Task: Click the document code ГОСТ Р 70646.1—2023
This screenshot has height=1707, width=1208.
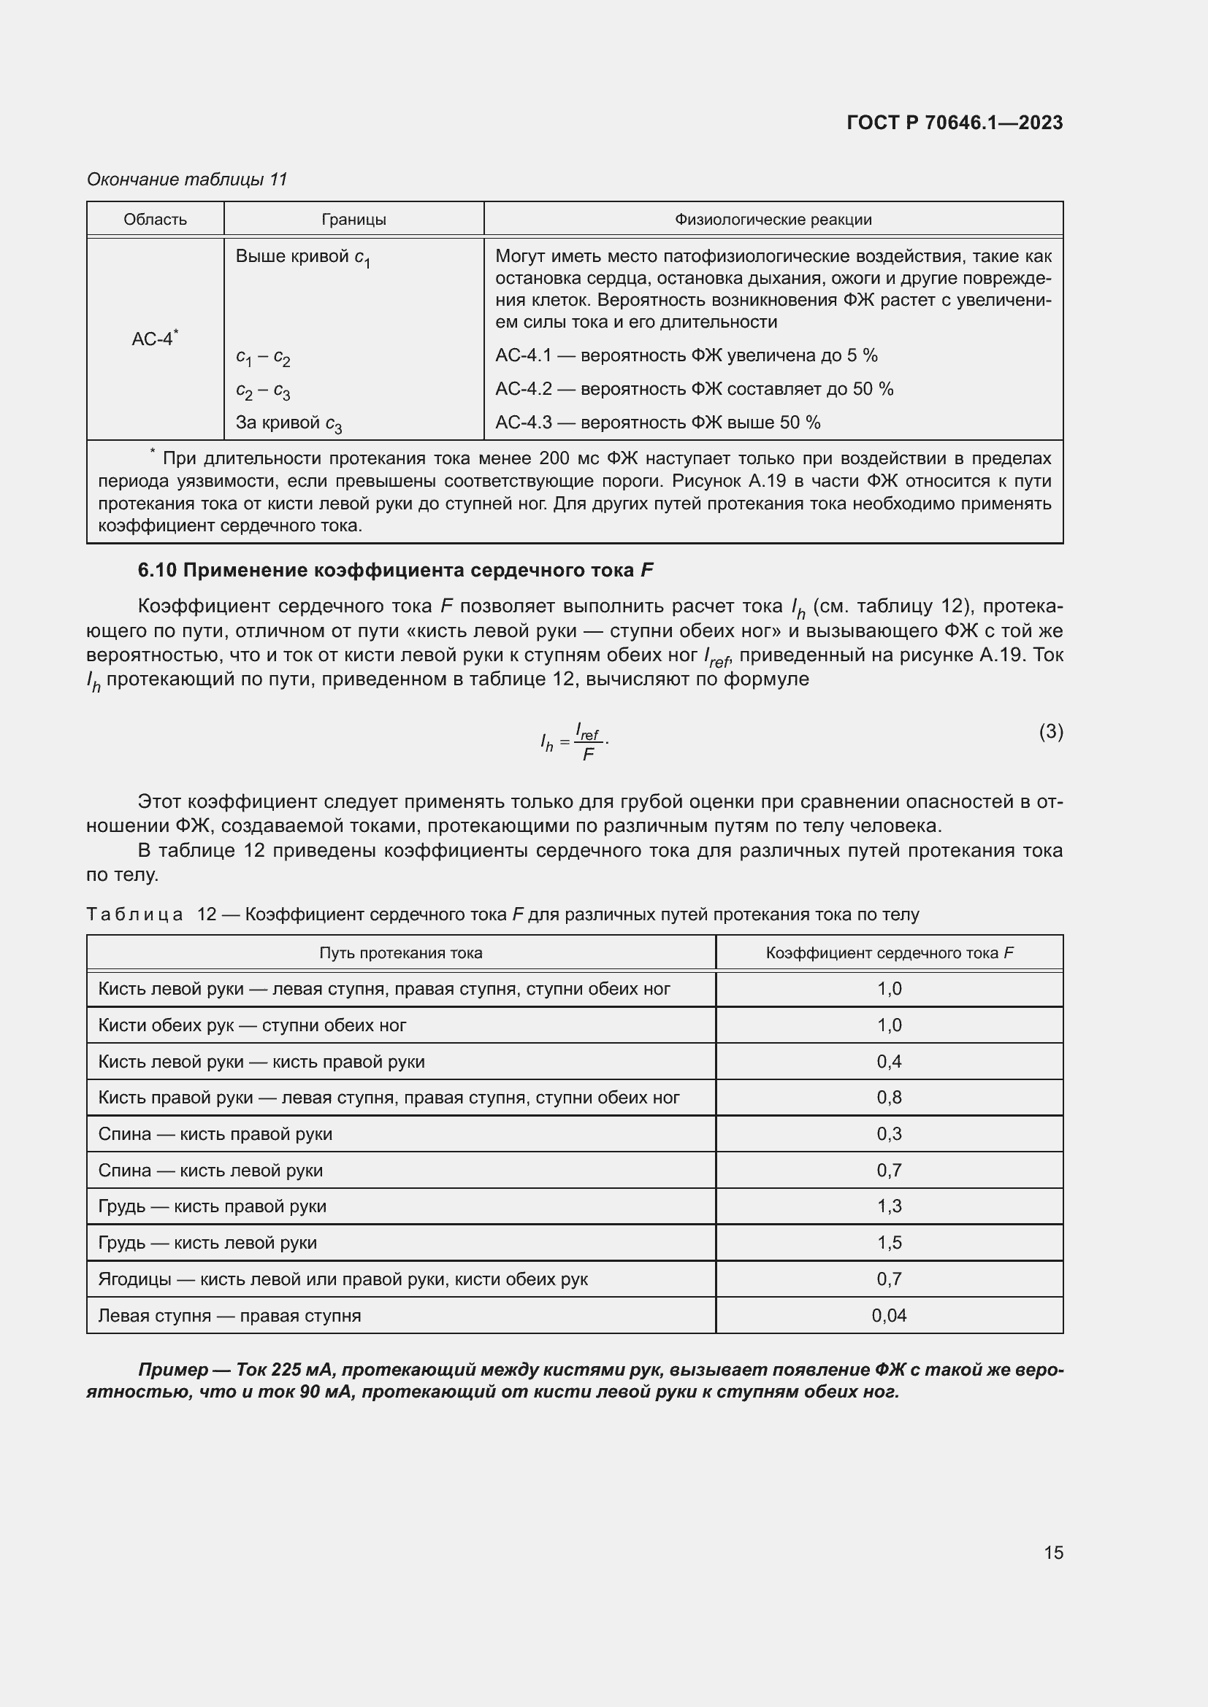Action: [x=955, y=123]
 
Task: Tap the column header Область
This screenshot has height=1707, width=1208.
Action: [x=155, y=220]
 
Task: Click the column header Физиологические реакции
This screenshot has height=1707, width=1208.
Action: [x=773, y=220]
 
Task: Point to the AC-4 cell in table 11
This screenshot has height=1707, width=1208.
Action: [x=154, y=339]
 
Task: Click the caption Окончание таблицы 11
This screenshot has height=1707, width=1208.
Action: [x=187, y=180]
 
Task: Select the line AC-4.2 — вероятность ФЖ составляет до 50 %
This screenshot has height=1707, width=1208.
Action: [x=694, y=389]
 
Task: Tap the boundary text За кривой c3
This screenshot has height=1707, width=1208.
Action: [x=288, y=423]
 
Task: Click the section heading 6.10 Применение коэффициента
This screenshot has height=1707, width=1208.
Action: [x=395, y=570]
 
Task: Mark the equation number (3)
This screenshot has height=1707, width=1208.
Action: [x=1050, y=731]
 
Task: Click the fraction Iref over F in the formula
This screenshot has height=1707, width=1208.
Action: [x=588, y=742]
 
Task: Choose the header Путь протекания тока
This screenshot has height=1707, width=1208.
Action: [x=400, y=953]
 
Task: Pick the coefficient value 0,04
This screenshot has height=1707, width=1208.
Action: [x=889, y=1315]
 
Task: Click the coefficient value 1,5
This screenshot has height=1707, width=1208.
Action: [x=889, y=1242]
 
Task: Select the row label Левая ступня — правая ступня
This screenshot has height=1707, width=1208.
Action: [x=229, y=1315]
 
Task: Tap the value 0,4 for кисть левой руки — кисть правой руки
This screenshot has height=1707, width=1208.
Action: [x=889, y=1061]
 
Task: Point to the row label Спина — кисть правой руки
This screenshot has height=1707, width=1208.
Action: [x=215, y=1134]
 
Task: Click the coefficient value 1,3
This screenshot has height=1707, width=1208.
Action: [x=889, y=1206]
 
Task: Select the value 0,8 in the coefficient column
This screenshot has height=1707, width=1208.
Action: [x=889, y=1098]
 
